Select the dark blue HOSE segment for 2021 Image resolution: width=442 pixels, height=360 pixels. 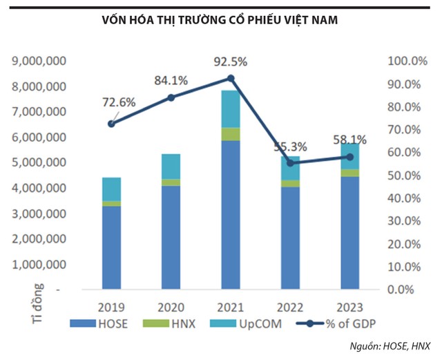pos(230,214)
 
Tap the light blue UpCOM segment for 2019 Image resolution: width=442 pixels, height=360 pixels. pos(111,189)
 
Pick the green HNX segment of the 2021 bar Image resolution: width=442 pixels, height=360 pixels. pos(230,134)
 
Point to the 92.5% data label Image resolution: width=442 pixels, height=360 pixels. pos(230,61)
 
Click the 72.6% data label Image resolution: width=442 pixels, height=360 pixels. pos(119,103)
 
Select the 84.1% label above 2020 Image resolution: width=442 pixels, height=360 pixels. pos(171,80)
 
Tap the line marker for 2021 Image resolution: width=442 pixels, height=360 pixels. pos(230,78)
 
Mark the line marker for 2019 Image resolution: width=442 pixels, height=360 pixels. pos(111,124)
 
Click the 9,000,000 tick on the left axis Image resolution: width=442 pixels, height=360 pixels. pos(39,61)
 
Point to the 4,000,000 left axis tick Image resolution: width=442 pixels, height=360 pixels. pos(39,188)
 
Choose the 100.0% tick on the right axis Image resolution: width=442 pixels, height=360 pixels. pos(405,61)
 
